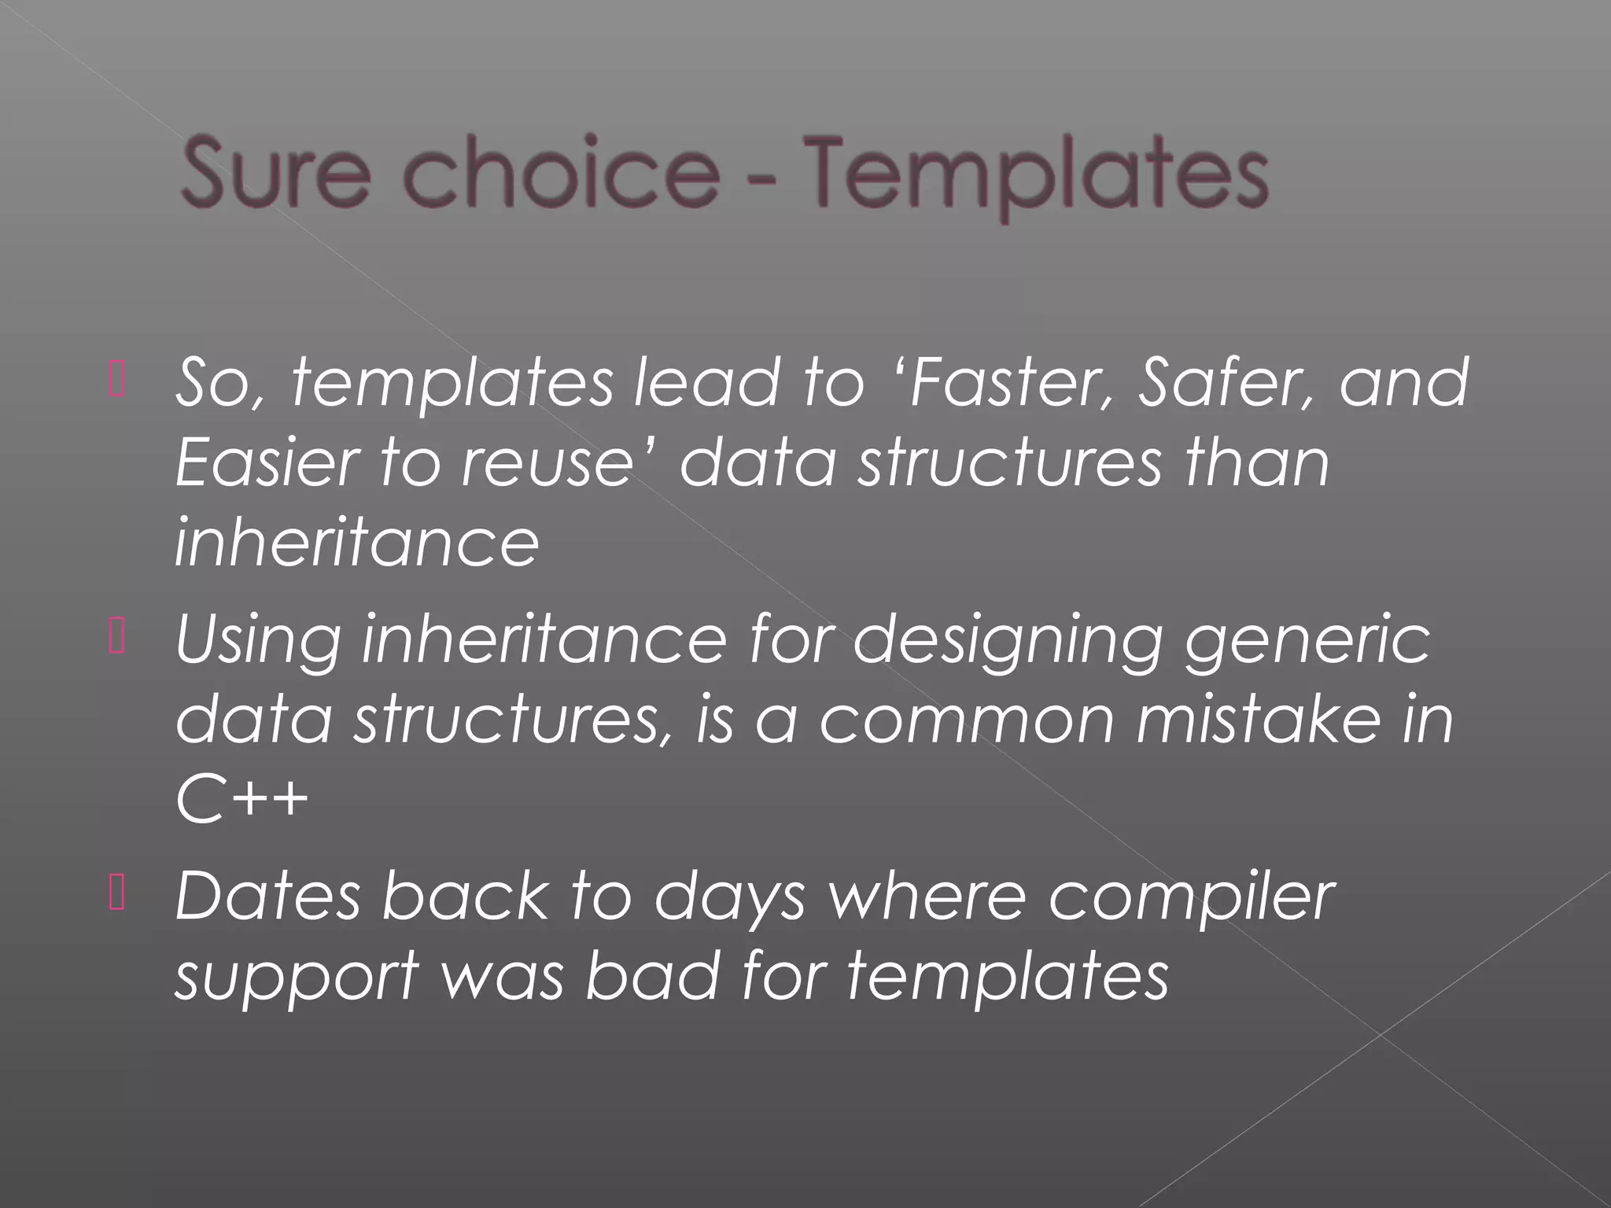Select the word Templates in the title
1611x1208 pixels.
1037,175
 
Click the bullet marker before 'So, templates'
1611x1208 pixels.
117,380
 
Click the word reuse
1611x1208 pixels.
547,464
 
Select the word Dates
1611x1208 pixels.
267,897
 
